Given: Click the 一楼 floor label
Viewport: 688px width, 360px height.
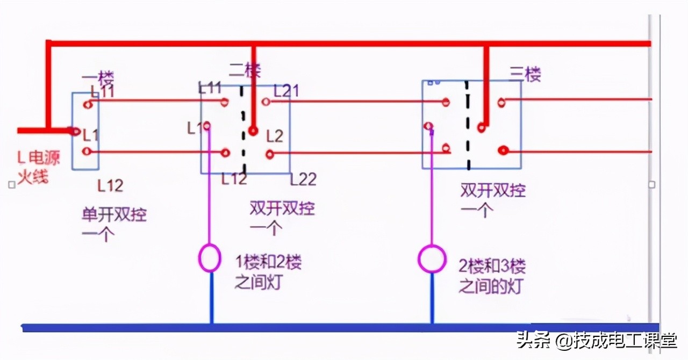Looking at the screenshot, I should coord(98,78).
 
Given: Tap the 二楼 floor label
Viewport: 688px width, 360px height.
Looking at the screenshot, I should coord(245,70).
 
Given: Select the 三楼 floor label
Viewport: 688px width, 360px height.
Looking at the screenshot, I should coord(525,75).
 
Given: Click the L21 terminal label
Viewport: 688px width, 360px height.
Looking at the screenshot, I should coord(286,91).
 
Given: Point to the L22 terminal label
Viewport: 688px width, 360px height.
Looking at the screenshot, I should coord(303,179).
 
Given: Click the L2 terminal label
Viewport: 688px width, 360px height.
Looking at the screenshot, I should coord(274,136).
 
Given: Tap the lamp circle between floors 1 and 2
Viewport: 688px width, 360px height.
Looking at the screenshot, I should coord(210,258).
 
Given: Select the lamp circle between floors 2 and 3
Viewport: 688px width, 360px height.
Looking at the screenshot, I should coord(432,260).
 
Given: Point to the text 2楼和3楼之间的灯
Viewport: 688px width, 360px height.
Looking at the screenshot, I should coord(491,276).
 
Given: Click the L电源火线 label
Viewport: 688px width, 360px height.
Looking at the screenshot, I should coord(38,167).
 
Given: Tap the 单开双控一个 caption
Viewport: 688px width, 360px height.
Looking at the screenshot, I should coord(113,225).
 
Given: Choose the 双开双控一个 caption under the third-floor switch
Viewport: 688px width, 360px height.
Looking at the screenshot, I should coord(492,200).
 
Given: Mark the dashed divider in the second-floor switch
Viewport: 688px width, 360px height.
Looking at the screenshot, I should coord(243,129).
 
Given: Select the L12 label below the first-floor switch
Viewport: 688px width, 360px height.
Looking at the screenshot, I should coord(110,186).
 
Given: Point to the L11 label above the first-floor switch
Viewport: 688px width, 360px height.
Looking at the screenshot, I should coord(103,91).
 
